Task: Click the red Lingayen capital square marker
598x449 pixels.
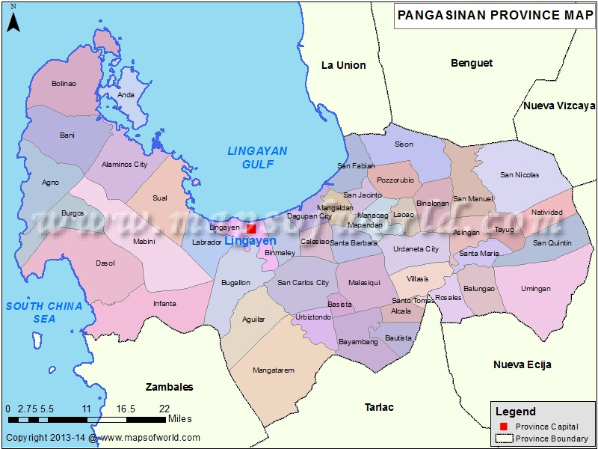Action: tap(252, 228)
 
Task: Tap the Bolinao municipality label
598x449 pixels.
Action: tap(64, 84)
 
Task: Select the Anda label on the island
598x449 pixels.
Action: tap(126, 95)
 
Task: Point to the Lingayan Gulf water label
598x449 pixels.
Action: tap(257, 158)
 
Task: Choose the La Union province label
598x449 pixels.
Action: tap(343, 65)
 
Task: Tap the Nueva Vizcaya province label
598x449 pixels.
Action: tap(558, 106)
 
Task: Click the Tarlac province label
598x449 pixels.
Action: tap(379, 407)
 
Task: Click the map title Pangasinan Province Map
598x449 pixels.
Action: tap(494, 14)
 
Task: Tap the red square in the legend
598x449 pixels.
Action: tap(503, 426)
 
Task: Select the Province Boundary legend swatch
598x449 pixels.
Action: tap(503, 439)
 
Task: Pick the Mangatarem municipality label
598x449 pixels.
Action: tap(274, 370)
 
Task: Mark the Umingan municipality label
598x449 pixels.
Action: tap(535, 289)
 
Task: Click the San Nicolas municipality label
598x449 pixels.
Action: tap(520, 175)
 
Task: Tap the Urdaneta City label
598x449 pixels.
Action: tap(416, 249)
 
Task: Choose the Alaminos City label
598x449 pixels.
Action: tap(125, 165)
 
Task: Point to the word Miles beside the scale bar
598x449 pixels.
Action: tap(180, 418)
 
